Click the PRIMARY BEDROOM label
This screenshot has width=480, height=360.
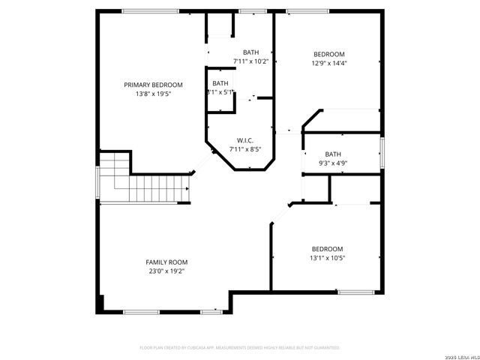153,85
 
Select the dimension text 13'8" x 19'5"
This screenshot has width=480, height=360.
153,94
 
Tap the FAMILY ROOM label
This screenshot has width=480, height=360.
166,262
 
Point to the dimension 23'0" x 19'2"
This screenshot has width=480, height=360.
166,271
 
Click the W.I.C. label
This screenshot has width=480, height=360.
245,140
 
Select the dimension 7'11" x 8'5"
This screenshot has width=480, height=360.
245,149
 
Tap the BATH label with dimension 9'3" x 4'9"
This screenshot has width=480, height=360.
333,154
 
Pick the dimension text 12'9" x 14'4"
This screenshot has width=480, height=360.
328,63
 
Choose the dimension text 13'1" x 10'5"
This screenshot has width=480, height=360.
327,258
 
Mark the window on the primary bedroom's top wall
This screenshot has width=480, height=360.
150,10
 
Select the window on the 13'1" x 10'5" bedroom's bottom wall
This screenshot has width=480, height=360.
351,292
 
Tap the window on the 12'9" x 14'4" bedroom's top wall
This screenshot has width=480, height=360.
306,10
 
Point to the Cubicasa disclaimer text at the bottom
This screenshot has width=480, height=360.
240,347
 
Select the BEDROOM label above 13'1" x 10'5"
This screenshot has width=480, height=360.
327,249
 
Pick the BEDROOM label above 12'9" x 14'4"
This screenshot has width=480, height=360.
328,54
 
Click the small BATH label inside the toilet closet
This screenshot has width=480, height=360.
220,82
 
